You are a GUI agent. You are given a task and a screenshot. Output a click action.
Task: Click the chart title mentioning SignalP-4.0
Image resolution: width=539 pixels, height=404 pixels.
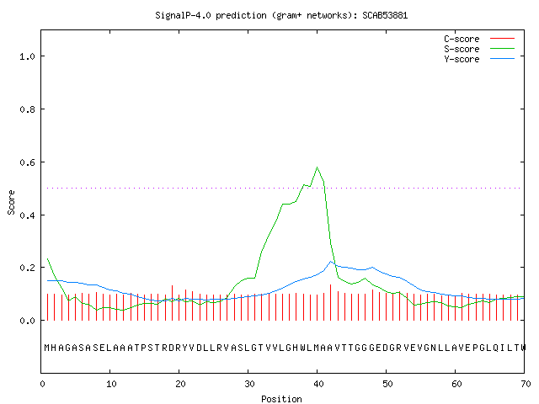(281, 15)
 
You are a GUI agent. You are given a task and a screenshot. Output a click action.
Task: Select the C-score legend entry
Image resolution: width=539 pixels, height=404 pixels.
(479, 39)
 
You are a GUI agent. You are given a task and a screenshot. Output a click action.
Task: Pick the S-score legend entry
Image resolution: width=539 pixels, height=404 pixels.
(479, 49)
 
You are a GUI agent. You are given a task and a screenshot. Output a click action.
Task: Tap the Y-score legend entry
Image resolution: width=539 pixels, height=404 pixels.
(479, 59)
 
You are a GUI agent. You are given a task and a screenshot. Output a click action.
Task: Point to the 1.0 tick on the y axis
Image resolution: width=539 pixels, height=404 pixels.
(27, 56)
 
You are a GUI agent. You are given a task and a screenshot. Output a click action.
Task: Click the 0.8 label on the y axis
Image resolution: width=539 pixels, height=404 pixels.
(27, 109)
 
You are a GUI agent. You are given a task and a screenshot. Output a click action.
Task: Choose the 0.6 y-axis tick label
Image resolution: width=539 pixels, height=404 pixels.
(27, 162)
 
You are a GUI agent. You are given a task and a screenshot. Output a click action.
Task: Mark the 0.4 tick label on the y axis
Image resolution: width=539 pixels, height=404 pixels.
(27, 215)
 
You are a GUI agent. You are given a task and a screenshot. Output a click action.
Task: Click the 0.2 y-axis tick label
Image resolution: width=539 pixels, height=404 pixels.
(27, 268)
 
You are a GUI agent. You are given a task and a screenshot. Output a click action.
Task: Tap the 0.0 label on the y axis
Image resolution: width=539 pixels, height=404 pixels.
(27, 321)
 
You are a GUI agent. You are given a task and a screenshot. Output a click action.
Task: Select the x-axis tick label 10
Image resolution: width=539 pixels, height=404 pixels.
(111, 384)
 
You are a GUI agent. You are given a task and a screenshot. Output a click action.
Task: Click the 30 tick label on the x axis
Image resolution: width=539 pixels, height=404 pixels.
(249, 384)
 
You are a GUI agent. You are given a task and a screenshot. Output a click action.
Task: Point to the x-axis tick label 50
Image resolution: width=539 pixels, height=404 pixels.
(387, 384)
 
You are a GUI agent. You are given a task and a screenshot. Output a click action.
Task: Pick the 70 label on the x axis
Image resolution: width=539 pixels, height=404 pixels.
(526, 384)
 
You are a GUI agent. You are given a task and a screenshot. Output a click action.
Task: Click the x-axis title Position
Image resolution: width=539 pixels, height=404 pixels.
(281, 399)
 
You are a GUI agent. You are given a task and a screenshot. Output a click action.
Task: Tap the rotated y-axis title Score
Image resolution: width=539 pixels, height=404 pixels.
(11, 203)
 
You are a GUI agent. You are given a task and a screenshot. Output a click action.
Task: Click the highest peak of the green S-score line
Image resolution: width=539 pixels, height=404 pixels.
(317, 167)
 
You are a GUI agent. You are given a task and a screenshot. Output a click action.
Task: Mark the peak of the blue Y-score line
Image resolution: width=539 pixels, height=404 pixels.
(331, 262)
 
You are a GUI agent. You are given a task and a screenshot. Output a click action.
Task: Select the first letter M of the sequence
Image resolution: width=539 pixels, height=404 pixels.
(47, 348)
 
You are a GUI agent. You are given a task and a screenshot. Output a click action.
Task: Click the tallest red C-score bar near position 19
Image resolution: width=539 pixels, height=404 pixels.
(172, 303)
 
